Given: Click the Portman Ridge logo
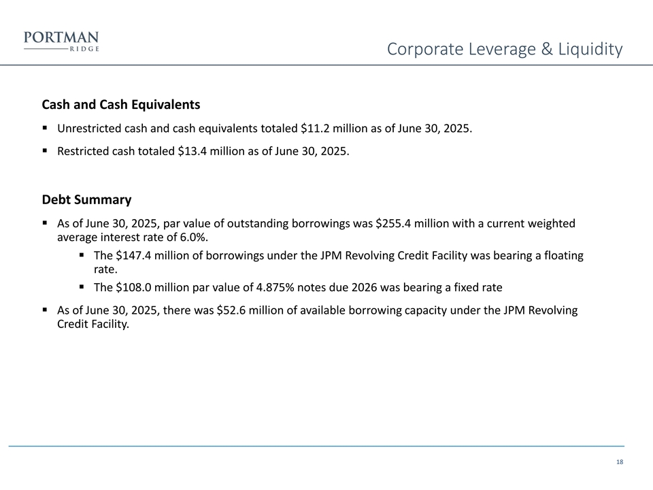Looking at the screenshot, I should tap(61, 41).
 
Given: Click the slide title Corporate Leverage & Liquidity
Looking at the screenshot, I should tap(504, 49).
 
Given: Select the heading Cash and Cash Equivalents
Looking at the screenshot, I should tap(121, 105).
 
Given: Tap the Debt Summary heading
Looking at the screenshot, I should tap(86, 200).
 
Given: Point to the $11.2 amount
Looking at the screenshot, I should tap(315, 128).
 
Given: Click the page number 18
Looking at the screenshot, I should tap(619, 463).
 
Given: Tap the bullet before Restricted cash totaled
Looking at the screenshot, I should tap(44, 151).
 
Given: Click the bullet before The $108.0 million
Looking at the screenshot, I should tap(81, 287).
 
